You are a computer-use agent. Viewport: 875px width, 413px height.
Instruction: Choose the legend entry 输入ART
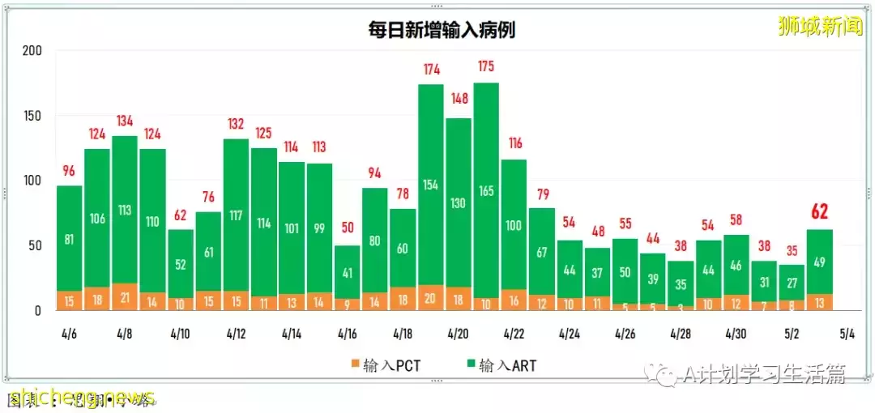click(x=500, y=365)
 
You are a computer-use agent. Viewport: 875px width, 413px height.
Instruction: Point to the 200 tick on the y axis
click(x=32, y=50)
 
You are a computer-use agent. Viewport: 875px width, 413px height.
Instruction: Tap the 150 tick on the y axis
click(x=32, y=115)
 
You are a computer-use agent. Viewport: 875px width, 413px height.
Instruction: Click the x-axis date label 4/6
click(x=69, y=334)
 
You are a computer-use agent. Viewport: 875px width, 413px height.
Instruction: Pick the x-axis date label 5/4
click(x=847, y=334)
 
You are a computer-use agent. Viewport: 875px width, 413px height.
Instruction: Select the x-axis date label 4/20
click(x=458, y=334)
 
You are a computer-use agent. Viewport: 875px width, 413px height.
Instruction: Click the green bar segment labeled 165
click(x=486, y=190)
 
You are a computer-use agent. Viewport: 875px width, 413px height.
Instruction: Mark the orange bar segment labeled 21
click(x=125, y=297)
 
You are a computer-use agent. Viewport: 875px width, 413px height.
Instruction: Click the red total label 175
click(x=486, y=66)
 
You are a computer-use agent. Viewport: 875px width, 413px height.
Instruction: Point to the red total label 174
click(x=430, y=69)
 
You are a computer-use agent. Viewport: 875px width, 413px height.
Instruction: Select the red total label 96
click(x=69, y=171)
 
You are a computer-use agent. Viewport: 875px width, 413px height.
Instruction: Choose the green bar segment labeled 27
click(x=792, y=283)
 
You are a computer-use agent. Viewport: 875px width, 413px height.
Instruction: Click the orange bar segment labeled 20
click(x=430, y=298)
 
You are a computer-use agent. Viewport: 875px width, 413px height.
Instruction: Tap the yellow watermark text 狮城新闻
click(x=819, y=27)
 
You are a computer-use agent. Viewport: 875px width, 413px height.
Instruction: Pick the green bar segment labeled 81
click(x=69, y=239)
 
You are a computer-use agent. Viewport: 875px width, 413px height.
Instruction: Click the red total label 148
click(x=458, y=99)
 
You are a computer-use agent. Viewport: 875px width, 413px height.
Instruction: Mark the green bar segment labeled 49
click(x=820, y=262)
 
